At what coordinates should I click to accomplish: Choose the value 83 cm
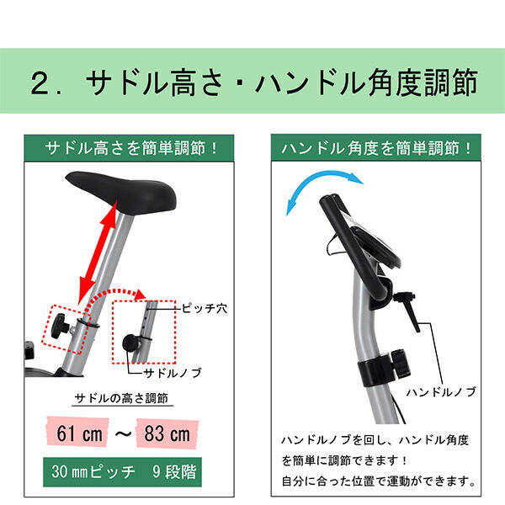pyautogui.click(x=167, y=434)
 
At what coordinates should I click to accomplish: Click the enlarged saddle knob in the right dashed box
pyautogui.click(x=132, y=342)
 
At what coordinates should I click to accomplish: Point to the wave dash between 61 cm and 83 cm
pyautogui.click(x=121, y=434)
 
